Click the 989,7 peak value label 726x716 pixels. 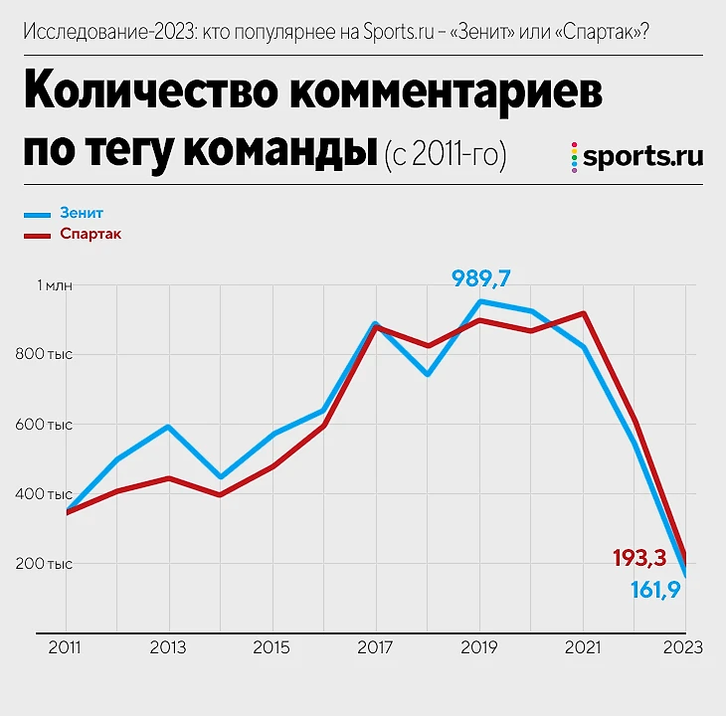487,277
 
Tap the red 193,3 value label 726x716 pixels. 639,558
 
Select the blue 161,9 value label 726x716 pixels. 661,590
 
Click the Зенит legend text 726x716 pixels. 82,213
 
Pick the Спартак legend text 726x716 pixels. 91,234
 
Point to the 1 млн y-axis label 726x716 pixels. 55,285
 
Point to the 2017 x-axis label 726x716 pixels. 374,647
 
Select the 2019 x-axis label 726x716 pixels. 479,647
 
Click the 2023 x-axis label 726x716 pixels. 683,647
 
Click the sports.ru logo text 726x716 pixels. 642,156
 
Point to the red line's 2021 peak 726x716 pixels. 584,313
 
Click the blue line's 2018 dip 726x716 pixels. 427,375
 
